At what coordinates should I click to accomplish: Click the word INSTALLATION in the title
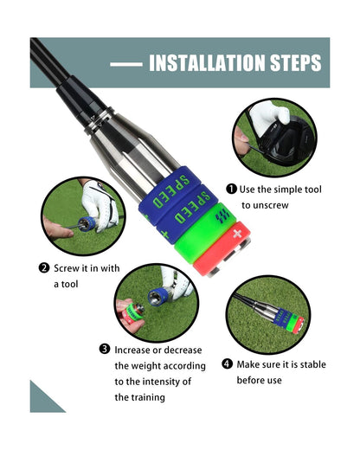coord(208,63)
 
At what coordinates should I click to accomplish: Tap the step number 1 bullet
coord(231,189)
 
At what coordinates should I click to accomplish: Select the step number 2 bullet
coord(44,267)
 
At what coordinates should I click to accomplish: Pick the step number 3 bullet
coord(104,349)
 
